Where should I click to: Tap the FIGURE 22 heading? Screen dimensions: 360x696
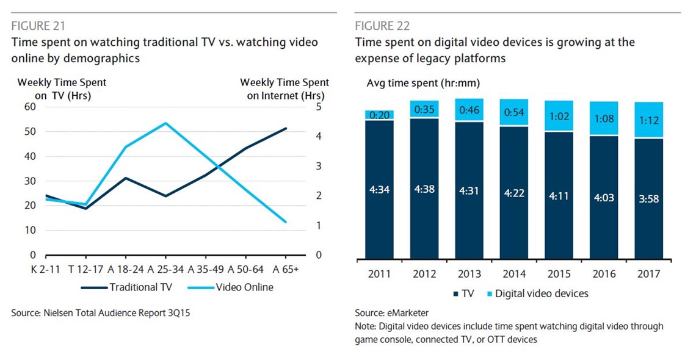(382, 26)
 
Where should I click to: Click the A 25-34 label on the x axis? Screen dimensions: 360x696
(165, 269)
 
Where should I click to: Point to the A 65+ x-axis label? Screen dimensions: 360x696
(286, 269)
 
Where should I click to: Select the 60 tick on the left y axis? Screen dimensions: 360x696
(30, 107)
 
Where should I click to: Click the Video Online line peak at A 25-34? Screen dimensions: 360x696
(165, 123)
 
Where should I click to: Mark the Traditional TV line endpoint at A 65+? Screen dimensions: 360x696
(286, 128)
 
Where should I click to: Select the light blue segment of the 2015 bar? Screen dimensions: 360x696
(559, 116)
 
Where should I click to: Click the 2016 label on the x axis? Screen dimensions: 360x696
(604, 274)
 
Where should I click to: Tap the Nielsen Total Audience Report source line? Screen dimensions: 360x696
(104, 313)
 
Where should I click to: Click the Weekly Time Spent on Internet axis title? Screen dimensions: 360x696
(285, 88)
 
